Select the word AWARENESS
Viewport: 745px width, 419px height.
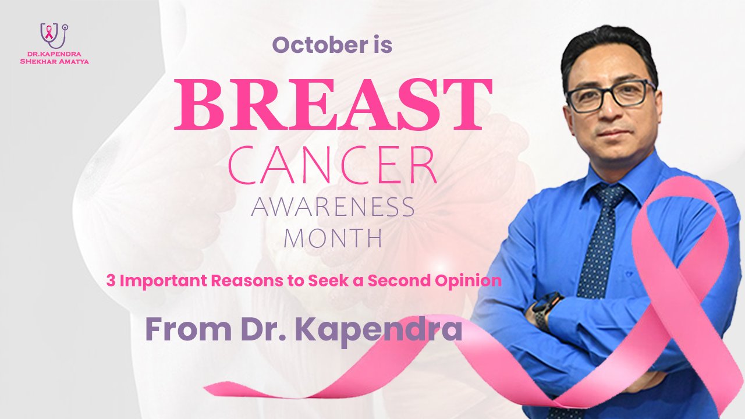tap(332, 208)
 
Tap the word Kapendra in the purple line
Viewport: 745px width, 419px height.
tap(379, 329)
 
